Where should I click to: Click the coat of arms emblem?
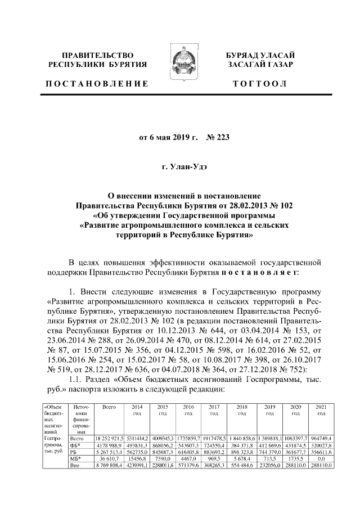point(179,65)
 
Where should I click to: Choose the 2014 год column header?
point(137,409)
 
